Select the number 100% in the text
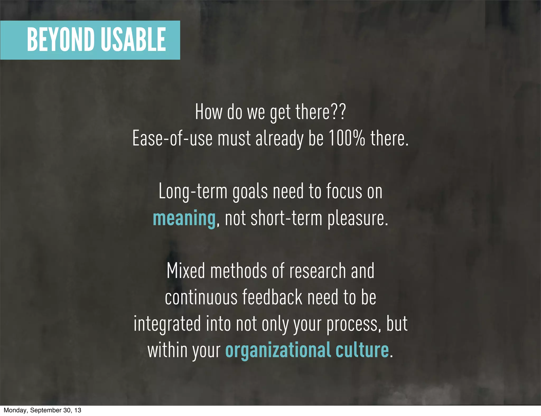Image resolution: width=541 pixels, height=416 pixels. (347, 138)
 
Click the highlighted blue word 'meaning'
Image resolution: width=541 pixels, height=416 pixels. (184, 219)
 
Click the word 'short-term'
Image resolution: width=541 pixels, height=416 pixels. (286, 219)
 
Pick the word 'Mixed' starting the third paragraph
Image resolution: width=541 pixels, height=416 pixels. (186, 271)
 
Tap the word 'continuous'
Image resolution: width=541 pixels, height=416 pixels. (201, 297)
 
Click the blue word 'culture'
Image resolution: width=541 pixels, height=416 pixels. (362, 350)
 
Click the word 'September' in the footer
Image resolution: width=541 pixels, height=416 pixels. (46, 410)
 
